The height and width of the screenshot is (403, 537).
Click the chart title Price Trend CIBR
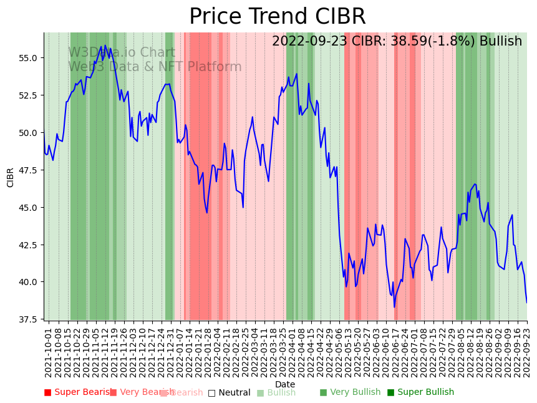[277, 17]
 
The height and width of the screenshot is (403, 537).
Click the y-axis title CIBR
[11, 177]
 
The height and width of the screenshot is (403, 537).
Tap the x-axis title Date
[285, 384]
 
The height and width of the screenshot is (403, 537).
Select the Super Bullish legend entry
[420, 392]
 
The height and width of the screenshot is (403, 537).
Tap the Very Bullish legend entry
[350, 392]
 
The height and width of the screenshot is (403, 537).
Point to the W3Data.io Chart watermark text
[122, 53]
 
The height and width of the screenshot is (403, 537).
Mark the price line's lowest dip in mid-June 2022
[394, 307]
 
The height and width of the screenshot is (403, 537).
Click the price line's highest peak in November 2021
[105, 46]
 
